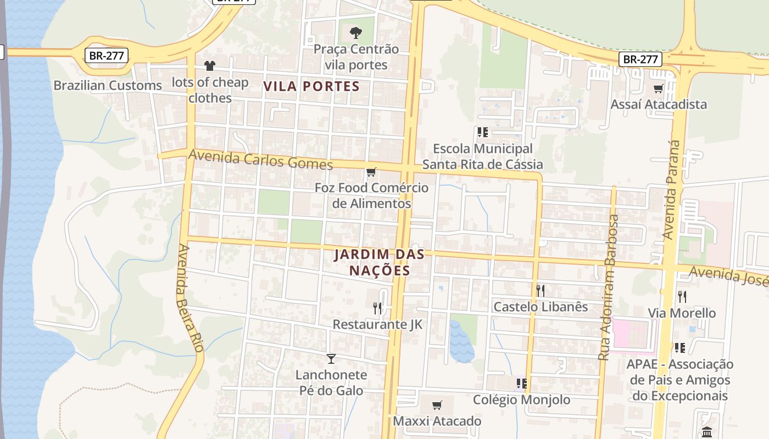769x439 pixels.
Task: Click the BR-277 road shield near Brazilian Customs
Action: point(107,55)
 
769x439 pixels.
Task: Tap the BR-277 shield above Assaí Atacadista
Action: point(640,59)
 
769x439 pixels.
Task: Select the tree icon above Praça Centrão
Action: point(356,32)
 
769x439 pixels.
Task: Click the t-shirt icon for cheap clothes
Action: point(209,66)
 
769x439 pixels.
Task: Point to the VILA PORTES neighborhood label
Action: point(311,86)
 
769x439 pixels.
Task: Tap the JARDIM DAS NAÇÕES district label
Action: point(380,262)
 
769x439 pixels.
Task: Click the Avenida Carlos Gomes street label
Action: point(261,160)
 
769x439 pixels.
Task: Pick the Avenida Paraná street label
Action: point(672,189)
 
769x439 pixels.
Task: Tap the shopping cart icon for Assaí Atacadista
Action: point(658,88)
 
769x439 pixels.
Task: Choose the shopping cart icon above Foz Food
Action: point(371,172)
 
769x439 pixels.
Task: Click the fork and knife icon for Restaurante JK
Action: point(377,308)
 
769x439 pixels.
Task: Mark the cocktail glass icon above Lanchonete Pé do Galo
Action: point(331,359)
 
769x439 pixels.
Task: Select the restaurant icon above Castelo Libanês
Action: point(540,290)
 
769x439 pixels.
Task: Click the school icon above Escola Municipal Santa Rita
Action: point(482,132)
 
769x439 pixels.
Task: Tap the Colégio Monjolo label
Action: point(521,399)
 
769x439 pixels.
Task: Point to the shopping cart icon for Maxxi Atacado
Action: point(437,406)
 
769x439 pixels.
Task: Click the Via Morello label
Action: point(682,313)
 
